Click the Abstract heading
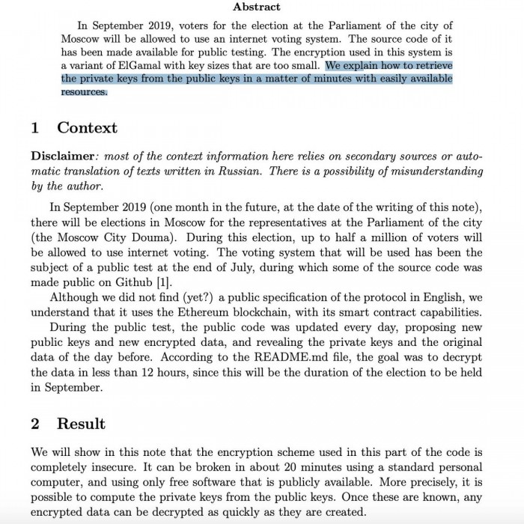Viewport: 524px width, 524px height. [257, 7]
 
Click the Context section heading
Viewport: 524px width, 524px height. [87, 127]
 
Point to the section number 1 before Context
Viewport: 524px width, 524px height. [35, 127]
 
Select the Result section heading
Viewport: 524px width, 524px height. [81, 423]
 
